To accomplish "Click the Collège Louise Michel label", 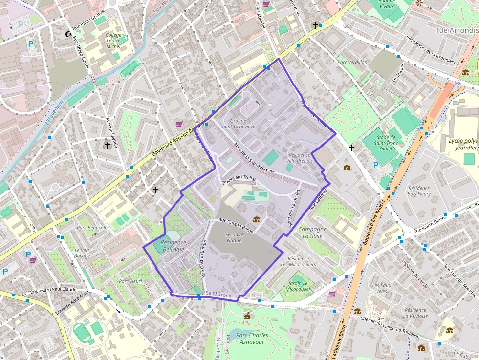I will pos(113,41).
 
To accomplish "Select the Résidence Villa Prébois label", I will pos(300,158).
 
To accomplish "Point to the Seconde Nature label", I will pos(234,237).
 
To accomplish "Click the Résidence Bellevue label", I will pos(174,246).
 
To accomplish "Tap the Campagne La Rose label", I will pos(312,233).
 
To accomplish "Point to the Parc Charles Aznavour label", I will pos(252,338).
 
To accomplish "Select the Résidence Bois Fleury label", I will pos(418,191).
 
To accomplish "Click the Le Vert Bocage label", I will pos(82,253).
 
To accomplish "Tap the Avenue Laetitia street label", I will pos(112,132).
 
